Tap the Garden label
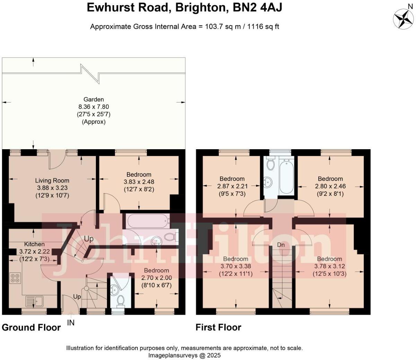[93, 99]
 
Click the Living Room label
[52, 180]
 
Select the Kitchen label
[34, 244]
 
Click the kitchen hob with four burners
[15, 278]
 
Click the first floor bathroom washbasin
[269, 181]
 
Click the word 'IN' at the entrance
[71, 323]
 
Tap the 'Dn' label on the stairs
[281, 245]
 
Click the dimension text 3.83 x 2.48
[139, 182]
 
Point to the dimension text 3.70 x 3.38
[236, 266]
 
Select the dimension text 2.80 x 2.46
[330, 186]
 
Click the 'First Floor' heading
[218, 327]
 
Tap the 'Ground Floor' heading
[31, 327]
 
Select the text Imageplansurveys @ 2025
[184, 355]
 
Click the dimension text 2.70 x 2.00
[156, 278]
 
